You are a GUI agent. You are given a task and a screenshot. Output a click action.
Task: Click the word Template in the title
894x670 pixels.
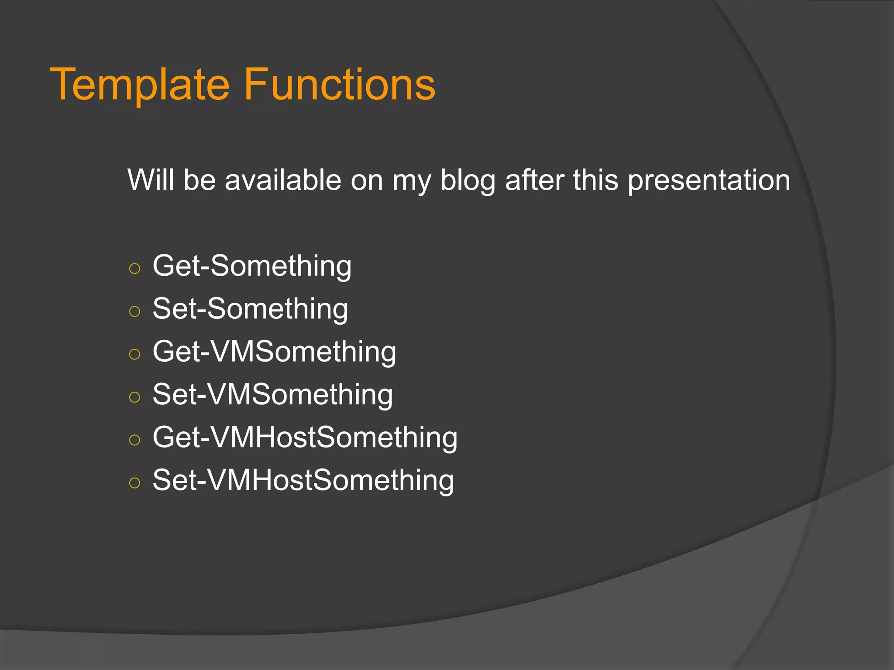coord(140,85)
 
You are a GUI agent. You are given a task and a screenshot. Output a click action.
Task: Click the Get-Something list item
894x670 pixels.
coord(252,266)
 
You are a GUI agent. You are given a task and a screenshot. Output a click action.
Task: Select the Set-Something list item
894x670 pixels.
coord(250,309)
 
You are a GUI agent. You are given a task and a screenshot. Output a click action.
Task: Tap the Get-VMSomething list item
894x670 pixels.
coord(274,352)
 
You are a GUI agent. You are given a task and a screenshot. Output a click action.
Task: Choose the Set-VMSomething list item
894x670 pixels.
coord(272,394)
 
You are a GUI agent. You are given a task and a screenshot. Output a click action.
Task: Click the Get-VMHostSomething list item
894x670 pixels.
coord(305,437)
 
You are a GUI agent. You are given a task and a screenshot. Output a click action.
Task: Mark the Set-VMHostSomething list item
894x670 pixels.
coord(303,480)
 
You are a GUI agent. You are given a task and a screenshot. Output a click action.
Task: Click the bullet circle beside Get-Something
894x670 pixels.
coord(135,268)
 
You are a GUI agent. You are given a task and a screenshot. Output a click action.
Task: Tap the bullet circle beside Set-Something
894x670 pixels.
coord(135,311)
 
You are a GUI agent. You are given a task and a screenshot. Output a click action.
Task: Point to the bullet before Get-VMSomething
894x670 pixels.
coord(135,354)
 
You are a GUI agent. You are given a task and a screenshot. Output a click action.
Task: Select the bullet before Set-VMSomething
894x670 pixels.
coord(135,397)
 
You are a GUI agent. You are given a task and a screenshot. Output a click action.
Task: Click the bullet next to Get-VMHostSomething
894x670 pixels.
coord(135,439)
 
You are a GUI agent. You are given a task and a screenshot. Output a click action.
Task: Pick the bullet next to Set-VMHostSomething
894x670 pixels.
coord(135,482)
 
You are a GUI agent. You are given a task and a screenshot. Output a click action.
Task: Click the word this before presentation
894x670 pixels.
coord(595,180)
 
